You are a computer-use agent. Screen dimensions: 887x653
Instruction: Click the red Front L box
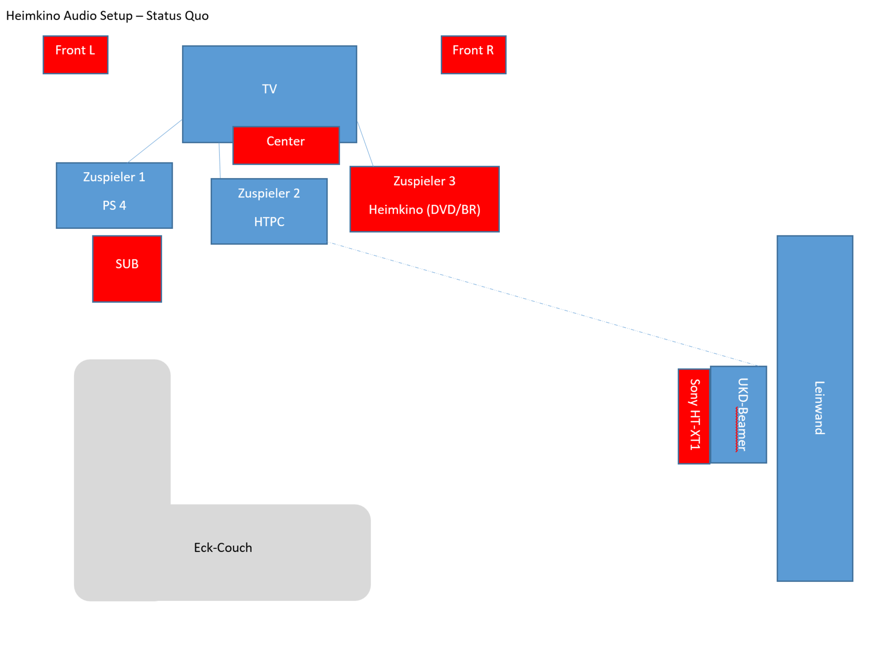click(75, 54)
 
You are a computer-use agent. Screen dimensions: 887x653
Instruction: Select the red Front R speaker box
click(473, 54)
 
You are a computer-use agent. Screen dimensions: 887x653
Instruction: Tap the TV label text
click(269, 89)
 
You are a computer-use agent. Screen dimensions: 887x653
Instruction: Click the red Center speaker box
click(286, 145)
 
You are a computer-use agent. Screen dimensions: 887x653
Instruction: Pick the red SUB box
click(127, 269)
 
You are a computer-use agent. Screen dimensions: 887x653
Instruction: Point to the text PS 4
click(114, 205)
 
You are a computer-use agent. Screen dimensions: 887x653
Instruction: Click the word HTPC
click(269, 222)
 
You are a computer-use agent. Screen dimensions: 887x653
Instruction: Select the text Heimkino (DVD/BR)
click(425, 210)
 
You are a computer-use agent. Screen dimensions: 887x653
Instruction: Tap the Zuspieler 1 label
click(114, 177)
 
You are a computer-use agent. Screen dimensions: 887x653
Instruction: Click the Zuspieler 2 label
click(269, 193)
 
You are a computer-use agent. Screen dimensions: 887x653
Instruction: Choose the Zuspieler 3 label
click(425, 181)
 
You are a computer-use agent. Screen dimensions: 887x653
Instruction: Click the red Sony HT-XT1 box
click(694, 416)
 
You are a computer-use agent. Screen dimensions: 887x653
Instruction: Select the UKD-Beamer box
click(738, 414)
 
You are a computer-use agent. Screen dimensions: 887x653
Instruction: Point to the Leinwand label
click(820, 408)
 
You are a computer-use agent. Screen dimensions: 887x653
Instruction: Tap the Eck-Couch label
click(223, 548)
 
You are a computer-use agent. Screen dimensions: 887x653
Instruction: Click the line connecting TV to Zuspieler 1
click(155, 141)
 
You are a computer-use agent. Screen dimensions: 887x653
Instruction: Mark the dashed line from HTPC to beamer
click(543, 304)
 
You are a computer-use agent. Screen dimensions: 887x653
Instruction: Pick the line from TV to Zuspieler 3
click(365, 144)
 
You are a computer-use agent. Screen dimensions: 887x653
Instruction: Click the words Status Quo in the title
click(177, 16)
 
